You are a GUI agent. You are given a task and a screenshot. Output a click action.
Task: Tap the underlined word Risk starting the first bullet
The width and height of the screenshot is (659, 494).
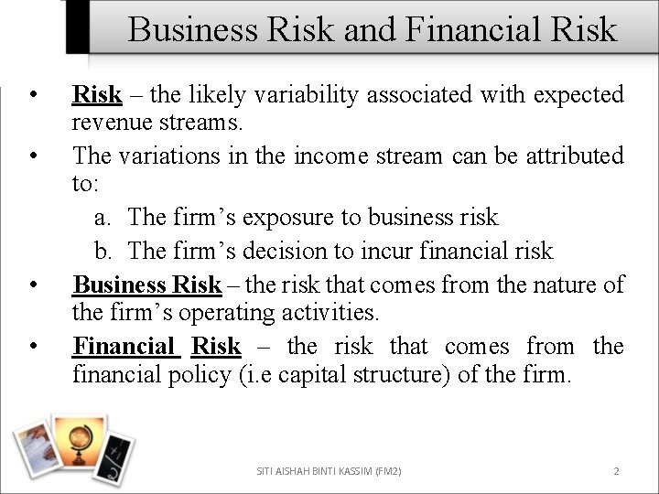pyautogui.click(x=97, y=94)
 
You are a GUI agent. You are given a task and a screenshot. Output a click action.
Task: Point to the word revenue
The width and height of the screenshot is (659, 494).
pyautogui.click(x=113, y=122)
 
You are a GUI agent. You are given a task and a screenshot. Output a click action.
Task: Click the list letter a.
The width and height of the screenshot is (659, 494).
pyautogui.click(x=103, y=218)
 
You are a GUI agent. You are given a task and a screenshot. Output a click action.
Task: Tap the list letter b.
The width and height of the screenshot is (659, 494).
pyautogui.click(x=103, y=251)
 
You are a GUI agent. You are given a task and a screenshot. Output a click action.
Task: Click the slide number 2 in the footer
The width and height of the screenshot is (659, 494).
pyautogui.click(x=616, y=471)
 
